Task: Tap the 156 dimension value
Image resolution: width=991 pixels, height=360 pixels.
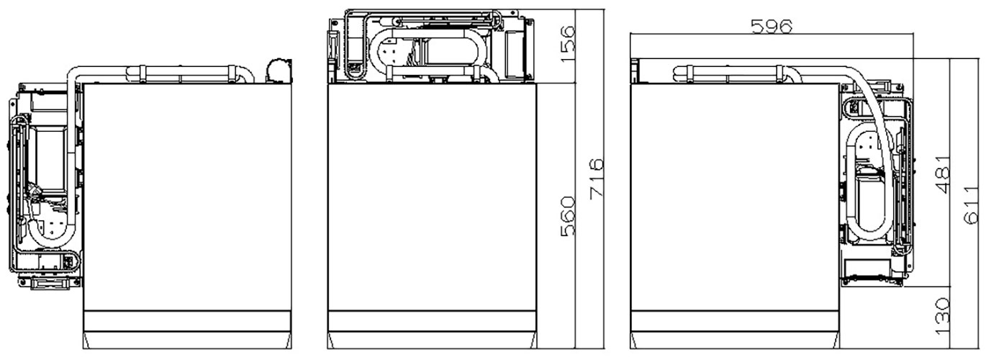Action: pos(567,44)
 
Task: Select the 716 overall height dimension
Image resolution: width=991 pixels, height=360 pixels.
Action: pos(597,179)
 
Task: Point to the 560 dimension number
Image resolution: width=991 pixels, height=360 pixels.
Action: pos(568,216)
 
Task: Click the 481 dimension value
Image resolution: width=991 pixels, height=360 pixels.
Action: pos(943,174)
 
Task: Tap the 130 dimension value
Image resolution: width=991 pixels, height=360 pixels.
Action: pos(943,316)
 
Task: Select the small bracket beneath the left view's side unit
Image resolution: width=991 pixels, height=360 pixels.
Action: pos(50,283)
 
